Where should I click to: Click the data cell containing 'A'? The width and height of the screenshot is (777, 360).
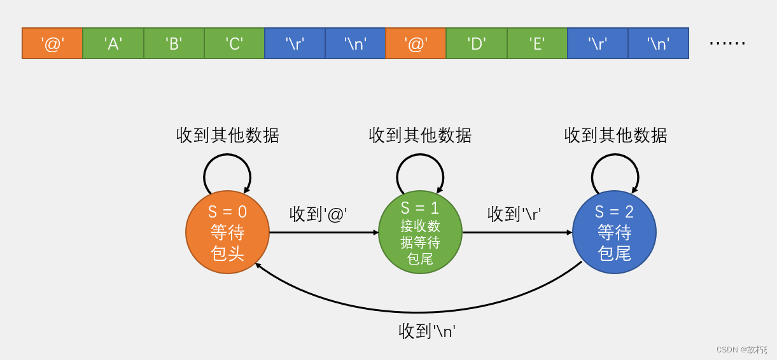click(113, 43)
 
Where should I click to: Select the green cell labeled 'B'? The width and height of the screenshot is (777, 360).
click(174, 43)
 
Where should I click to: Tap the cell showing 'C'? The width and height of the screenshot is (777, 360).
click(234, 43)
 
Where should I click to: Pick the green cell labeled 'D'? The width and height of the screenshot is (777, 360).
click(477, 43)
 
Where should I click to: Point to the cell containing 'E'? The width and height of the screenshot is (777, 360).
click(537, 43)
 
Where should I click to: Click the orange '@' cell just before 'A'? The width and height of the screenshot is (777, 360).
click(52, 43)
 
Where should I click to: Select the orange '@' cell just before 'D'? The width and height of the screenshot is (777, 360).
click(416, 43)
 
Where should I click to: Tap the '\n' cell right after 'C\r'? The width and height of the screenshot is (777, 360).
click(355, 43)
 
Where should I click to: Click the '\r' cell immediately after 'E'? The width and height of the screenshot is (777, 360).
click(598, 43)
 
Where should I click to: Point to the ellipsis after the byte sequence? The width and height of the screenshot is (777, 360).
click(727, 43)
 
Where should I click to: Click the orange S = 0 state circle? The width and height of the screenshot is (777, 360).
click(227, 232)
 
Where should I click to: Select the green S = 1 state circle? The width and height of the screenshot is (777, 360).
click(420, 232)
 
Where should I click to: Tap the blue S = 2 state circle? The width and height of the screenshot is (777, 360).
click(614, 232)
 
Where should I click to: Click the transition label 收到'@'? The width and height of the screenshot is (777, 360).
click(318, 214)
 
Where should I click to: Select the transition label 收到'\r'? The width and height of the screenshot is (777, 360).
click(514, 214)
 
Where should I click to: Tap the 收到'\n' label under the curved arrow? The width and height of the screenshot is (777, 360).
click(427, 331)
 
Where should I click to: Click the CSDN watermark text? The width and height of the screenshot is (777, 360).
click(741, 349)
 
